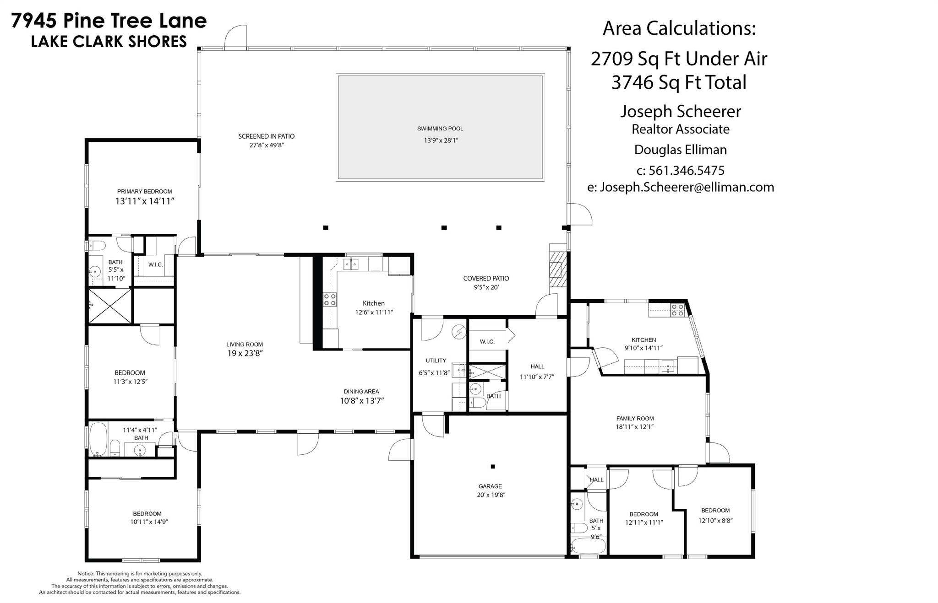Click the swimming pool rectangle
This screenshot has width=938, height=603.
click(440, 127)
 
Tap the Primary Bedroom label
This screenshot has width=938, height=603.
click(144, 191)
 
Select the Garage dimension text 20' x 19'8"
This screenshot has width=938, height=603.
click(491, 495)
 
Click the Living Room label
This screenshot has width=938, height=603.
click(245, 345)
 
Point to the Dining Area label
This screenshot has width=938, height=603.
click(361, 391)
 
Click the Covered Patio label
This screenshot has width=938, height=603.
click(486, 278)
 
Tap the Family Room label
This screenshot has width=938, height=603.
click(635, 418)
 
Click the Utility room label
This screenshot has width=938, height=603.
click(436, 361)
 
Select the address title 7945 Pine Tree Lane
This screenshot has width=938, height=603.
click(109, 21)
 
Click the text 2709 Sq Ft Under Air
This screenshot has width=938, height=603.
click(679, 59)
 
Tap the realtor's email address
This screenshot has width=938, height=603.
click(681, 187)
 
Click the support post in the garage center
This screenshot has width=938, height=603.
click(493, 467)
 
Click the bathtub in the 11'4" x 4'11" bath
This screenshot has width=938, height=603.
click(98, 439)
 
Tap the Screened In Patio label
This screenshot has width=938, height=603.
click(267, 136)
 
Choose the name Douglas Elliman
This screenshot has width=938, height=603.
click(681, 150)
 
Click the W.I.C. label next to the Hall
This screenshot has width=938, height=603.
click(487, 342)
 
